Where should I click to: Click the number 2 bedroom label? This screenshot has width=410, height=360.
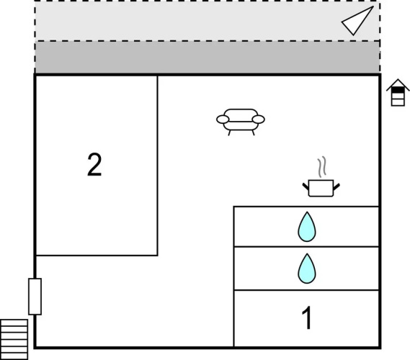tap(94, 165)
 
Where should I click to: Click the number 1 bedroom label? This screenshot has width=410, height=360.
tap(307, 318)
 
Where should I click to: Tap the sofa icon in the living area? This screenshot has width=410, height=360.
tap(241, 122)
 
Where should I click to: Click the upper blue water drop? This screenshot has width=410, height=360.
tap(307, 227)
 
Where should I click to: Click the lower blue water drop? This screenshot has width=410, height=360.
tap(307, 269)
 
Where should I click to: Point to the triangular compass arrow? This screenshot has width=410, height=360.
tap(357, 21)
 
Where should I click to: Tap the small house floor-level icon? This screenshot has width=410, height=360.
tap(398, 92)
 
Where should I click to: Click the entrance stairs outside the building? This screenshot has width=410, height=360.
tap(14, 339)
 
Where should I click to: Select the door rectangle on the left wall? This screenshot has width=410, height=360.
tap(35, 297)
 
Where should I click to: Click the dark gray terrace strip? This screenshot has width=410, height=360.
tap(208, 58)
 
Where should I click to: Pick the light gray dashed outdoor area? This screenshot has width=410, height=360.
tap(208, 21)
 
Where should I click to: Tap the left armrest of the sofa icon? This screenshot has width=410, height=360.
tap(223, 120)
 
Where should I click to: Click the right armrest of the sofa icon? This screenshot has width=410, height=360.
tap(259, 120)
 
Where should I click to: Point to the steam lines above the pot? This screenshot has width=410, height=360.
tap(322, 166)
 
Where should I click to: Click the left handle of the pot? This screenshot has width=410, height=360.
tap(306, 186)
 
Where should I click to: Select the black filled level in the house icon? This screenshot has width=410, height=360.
tap(398, 90)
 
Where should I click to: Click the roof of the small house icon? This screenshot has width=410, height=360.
tap(398, 83)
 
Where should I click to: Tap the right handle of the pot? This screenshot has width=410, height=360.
tap(337, 186)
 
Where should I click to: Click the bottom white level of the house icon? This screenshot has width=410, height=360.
tap(398, 102)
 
